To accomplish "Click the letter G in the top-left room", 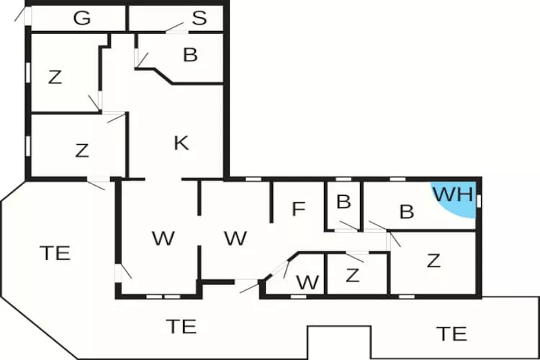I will pyautogui.click(x=82, y=19).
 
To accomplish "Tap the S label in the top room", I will pyautogui.click(x=199, y=19).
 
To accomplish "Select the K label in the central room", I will pyautogui.click(x=181, y=143).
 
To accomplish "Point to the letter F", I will pyautogui.click(x=299, y=210).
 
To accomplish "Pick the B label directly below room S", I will pyautogui.click(x=190, y=55).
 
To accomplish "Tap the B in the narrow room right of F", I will pyautogui.click(x=343, y=202).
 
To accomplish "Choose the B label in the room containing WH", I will pyautogui.click(x=407, y=212).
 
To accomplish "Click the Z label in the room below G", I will pyautogui.click(x=55, y=77).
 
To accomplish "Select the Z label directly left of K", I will pyautogui.click(x=82, y=150).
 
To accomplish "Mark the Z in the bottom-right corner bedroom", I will pyautogui.click(x=433, y=261).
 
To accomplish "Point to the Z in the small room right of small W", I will pyautogui.click(x=352, y=275).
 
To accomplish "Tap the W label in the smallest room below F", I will pyautogui.click(x=307, y=282).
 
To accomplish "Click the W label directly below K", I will pyautogui.click(x=163, y=238).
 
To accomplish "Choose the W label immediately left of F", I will pyautogui.click(x=235, y=238).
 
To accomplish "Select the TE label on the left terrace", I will pyautogui.click(x=55, y=253).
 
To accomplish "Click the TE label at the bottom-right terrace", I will pyautogui.click(x=451, y=333).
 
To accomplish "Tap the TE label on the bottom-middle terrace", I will pyautogui.click(x=181, y=325).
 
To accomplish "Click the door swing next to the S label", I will pyautogui.click(x=175, y=28).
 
